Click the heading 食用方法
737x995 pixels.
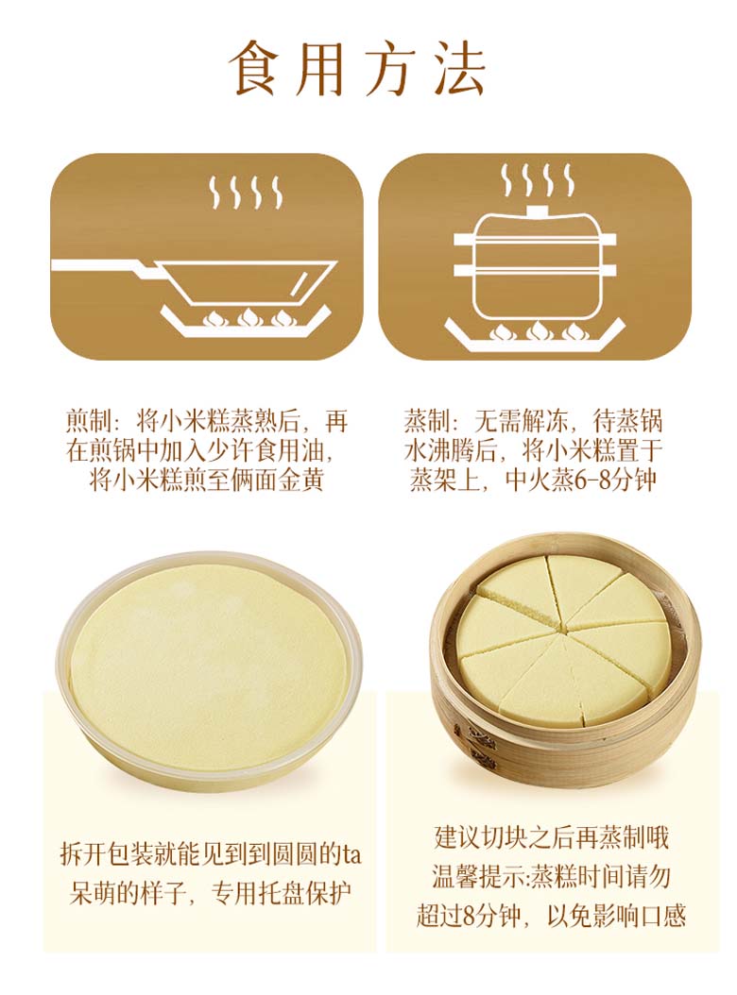pos(358,68)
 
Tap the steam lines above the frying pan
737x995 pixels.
pos(244,193)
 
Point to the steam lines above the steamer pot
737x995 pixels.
pos(536,179)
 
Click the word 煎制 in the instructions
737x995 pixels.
pos(88,421)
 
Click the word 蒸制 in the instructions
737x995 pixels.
pos(426,421)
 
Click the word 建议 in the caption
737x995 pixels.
pos(457,837)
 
